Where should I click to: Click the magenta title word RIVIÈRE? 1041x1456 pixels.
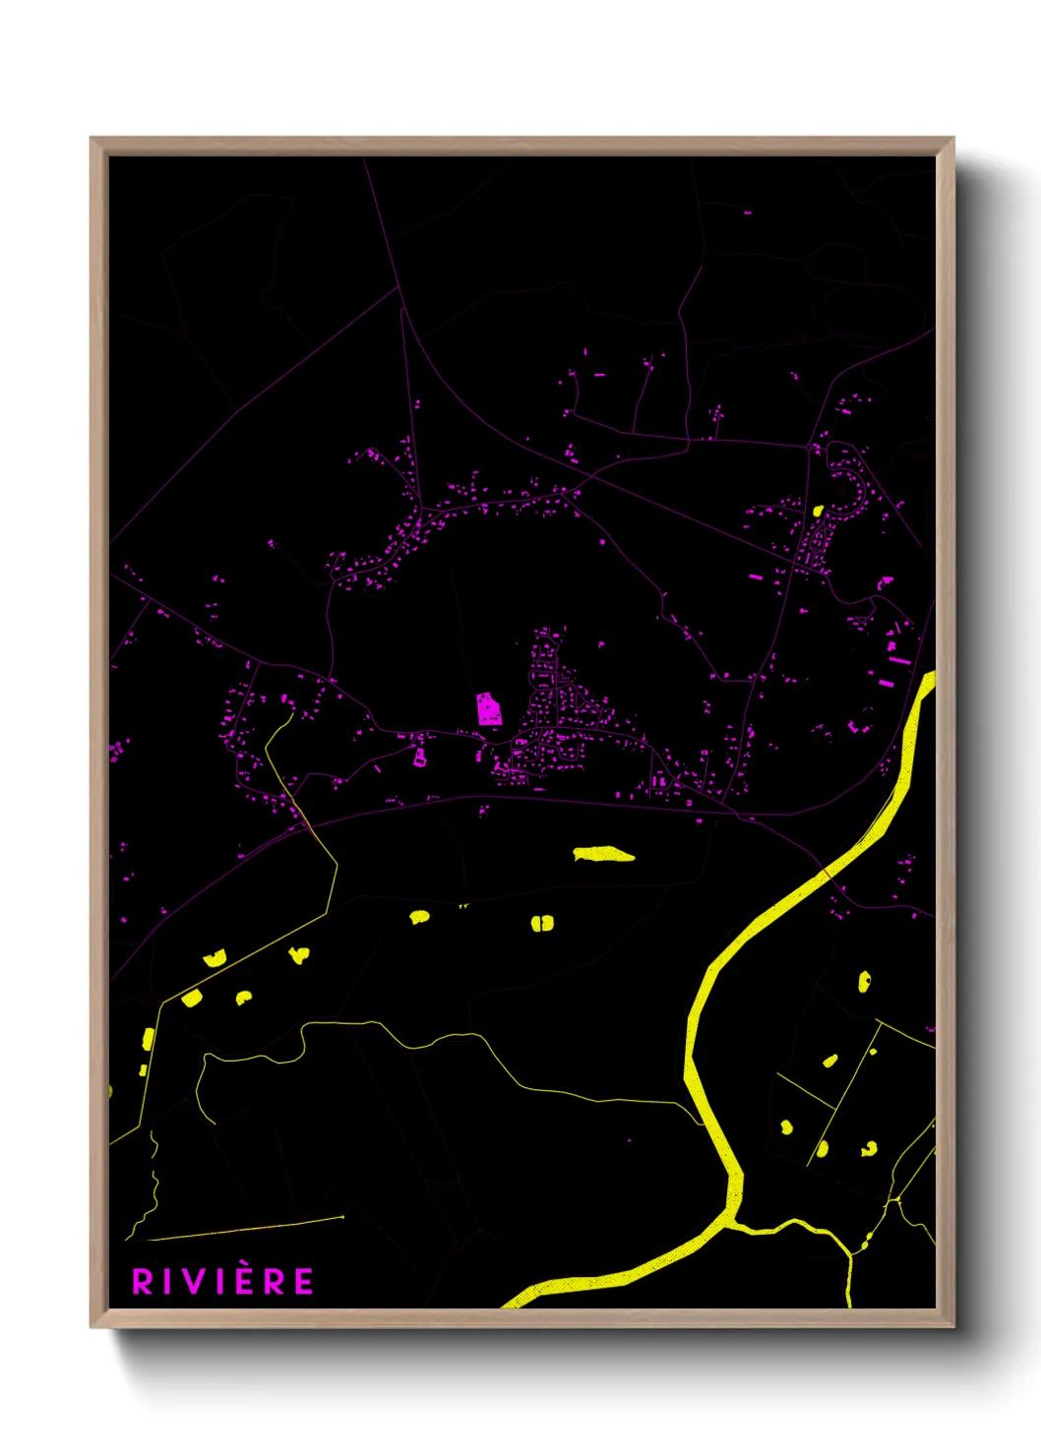click(223, 1281)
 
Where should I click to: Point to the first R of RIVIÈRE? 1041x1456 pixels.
click(143, 1282)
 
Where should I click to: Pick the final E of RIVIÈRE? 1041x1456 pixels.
click(304, 1282)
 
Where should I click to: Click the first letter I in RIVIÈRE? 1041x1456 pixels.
click(168, 1282)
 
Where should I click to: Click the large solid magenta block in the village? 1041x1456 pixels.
click(488, 708)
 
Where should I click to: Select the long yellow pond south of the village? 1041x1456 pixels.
click(603, 854)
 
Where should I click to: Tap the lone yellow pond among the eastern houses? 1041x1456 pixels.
click(818, 511)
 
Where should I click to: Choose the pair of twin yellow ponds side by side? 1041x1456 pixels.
click(542, 923)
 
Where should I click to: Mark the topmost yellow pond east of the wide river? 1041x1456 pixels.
click(864, 981)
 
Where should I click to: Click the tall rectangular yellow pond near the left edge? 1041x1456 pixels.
click(149, 1038)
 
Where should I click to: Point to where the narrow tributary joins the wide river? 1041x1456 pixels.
click(733, 1223)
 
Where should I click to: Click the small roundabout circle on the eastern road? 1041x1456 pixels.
click(809, 448)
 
